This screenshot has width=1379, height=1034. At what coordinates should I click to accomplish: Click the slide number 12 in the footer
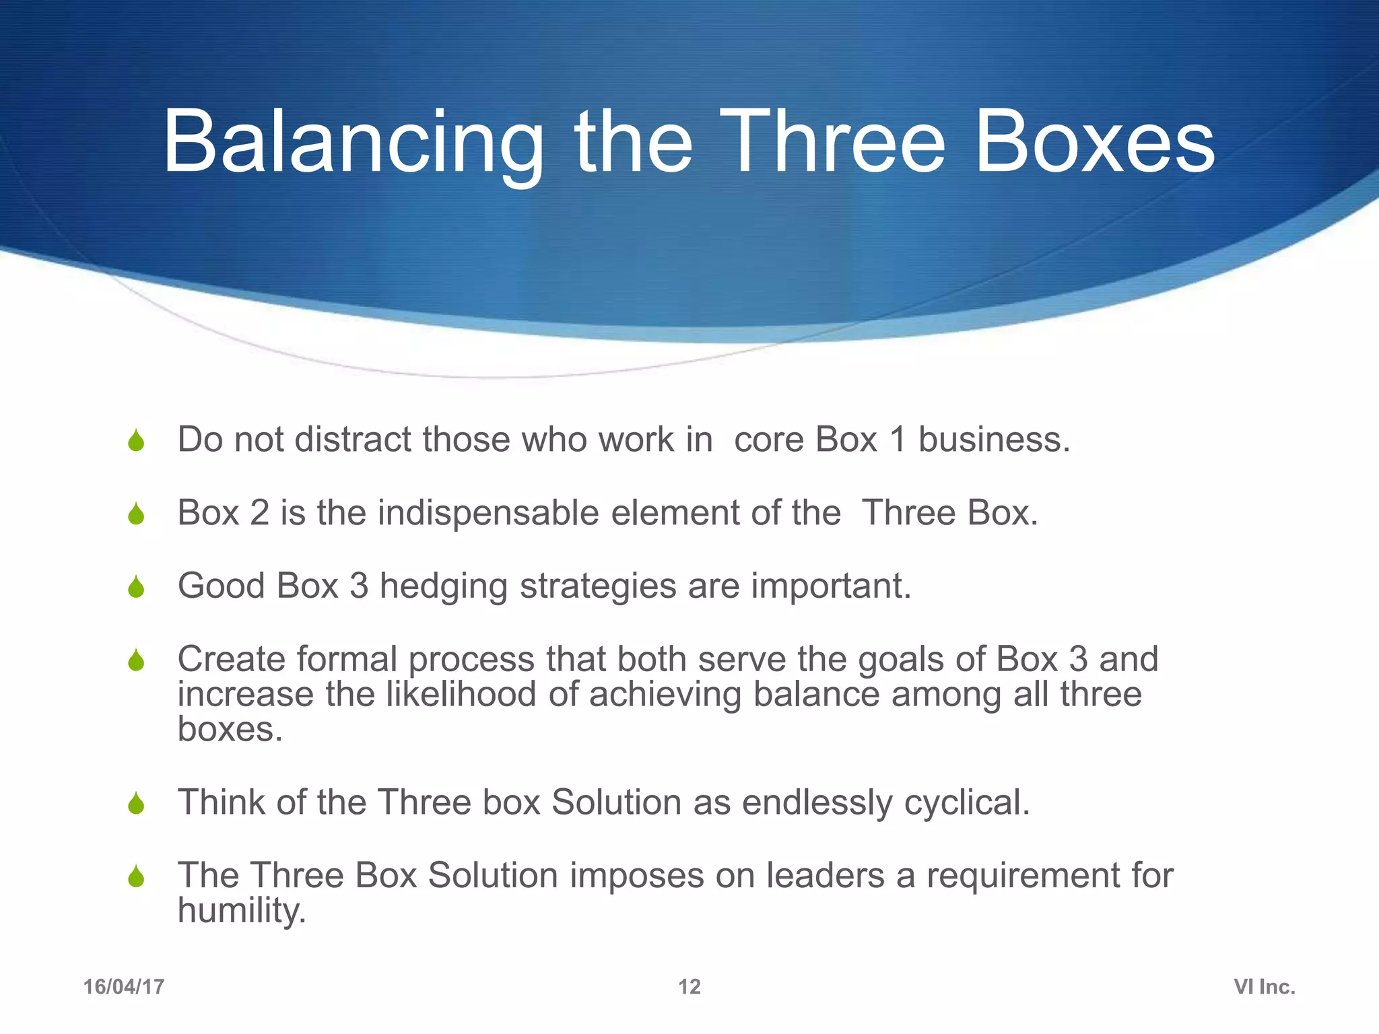689,987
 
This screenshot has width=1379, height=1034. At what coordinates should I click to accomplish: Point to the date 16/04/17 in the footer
124,987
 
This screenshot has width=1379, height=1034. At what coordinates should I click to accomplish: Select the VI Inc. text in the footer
1264,987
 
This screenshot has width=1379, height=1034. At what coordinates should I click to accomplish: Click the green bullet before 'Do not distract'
136,441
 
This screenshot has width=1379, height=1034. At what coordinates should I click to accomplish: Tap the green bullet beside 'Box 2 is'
136,514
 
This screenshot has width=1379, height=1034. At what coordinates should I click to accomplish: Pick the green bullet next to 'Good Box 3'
136,587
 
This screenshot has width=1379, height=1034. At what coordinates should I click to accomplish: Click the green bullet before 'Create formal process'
136,660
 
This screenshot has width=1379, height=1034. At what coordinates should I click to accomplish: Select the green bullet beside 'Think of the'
136,804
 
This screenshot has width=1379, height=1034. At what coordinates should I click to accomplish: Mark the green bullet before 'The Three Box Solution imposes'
136,876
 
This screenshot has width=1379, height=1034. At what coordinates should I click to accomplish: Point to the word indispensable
488,513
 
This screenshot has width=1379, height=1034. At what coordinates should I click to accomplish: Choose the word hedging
443,586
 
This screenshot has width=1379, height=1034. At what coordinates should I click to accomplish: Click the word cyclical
966,802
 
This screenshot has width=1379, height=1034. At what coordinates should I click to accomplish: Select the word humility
242,911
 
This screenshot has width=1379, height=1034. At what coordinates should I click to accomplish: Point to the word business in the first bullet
994,440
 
